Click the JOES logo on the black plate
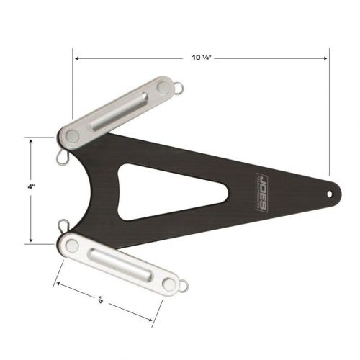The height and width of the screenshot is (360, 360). (x=262, y=192)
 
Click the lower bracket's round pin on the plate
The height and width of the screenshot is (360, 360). (x=72, y=246)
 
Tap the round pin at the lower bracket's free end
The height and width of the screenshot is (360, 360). (x=172, y=283)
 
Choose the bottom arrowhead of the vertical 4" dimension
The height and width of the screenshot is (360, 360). (x=31, y=240)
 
